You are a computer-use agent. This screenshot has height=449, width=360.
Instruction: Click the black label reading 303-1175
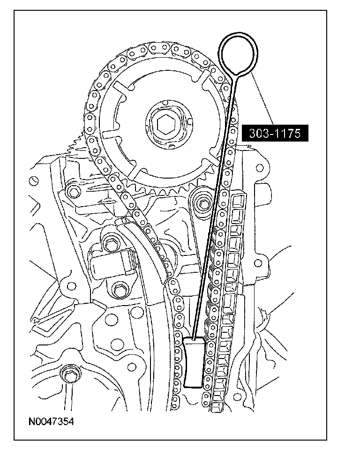[275, 133]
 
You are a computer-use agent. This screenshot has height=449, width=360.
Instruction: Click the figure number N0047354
[51, 421]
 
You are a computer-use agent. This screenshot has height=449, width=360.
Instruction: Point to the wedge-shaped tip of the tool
[194, 362]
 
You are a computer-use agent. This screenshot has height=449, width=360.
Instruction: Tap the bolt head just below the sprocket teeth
[203, 204]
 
